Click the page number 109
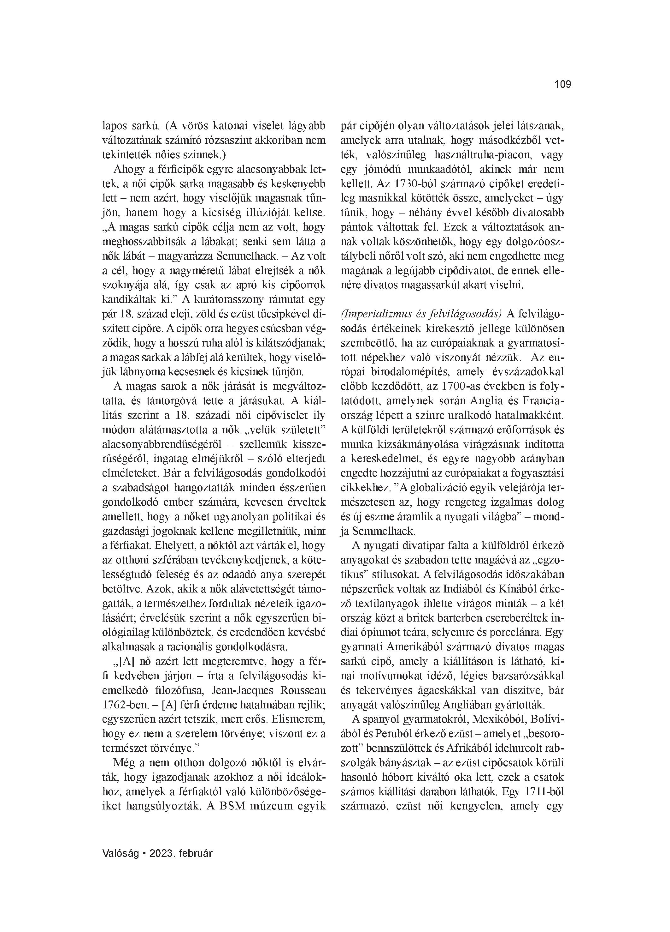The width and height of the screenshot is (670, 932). point(562,85)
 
